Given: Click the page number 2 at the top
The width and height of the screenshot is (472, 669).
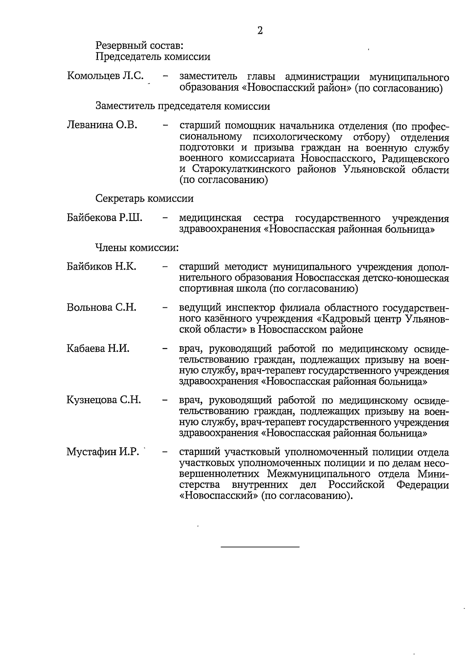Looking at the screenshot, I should pyautogui.click(x=260, y=31).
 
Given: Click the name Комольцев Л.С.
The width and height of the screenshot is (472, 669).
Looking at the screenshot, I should pyautogui.click(x=105, y=76).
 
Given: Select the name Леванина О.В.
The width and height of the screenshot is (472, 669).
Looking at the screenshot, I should pyautogui.click(x=102, y=125).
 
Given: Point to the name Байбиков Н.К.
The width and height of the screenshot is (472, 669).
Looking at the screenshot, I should pyautogui.click(x=101, y=266).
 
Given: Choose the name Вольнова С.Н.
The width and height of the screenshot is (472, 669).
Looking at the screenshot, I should pyautogui.click(x=101, y=307).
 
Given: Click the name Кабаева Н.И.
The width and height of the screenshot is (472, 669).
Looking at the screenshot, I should pyautogui.click(x=98, y=348).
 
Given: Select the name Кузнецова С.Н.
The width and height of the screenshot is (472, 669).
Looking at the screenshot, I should pyautogui.click(x=104, y=400).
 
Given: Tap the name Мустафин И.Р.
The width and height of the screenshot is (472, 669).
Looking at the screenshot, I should pyautogui.click(x=103, y=452).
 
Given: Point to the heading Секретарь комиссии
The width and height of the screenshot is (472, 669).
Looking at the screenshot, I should pyautogui.click(x=144, y=198).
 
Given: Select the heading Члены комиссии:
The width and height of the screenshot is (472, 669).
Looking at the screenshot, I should pyautogui.click(x=137, y=248).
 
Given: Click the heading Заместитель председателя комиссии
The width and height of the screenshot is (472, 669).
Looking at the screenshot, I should pyautogui.click(x=183, y=106).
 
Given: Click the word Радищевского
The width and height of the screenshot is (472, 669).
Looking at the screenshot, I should pyautogui.click(x=415, y=159).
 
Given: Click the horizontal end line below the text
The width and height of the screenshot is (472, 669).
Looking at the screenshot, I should pyautogui.click(x=260, y=547).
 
